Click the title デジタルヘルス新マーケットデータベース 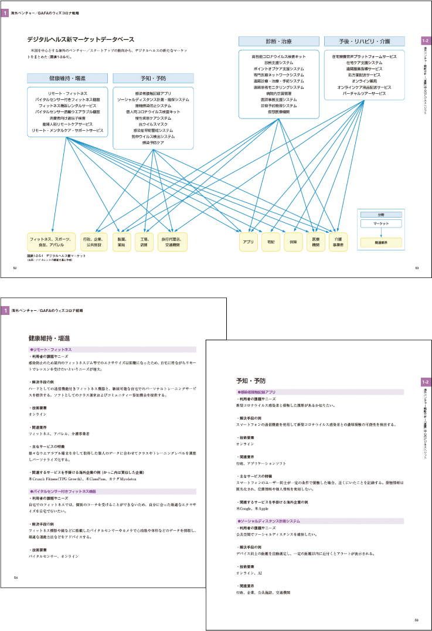coord(81,39)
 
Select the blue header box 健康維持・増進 coord(67,78)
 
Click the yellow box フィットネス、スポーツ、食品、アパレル coord(52,242)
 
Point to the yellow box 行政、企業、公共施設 coord(93,242)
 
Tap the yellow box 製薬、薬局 coord(122,242)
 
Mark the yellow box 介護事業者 coord(338,242)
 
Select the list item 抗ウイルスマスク coord(153,124)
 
